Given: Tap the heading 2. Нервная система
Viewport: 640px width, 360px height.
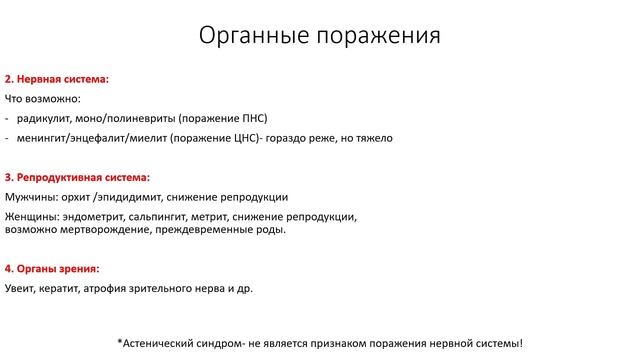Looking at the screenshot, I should [x=57, y=78].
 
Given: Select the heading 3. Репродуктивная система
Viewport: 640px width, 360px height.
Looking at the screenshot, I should [x=77, y=177].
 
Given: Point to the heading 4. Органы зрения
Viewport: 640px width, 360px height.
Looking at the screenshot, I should [x=52, y=269].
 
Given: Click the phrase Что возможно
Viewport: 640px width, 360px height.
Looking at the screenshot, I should [x=42, y=99].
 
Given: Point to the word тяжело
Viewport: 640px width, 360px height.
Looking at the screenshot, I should [x=372, y=138].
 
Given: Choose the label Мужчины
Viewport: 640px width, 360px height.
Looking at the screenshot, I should [x=31, y=197].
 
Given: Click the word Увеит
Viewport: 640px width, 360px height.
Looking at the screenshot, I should [x=20, y=289].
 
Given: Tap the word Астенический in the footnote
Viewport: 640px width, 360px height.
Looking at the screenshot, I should [x=164, y=343].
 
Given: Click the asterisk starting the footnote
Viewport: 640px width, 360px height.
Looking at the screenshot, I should [x=120, y=341].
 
